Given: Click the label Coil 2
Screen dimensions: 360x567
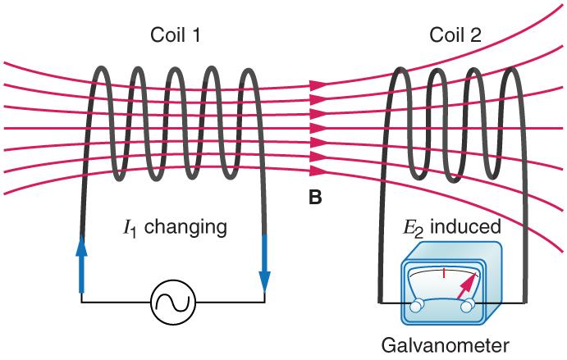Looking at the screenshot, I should point(455,35).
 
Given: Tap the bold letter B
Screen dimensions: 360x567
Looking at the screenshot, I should point(315,198).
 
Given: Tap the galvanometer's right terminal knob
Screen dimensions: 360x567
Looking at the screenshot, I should point(469,306).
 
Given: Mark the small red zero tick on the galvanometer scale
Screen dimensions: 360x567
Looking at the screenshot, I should point(443,272).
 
